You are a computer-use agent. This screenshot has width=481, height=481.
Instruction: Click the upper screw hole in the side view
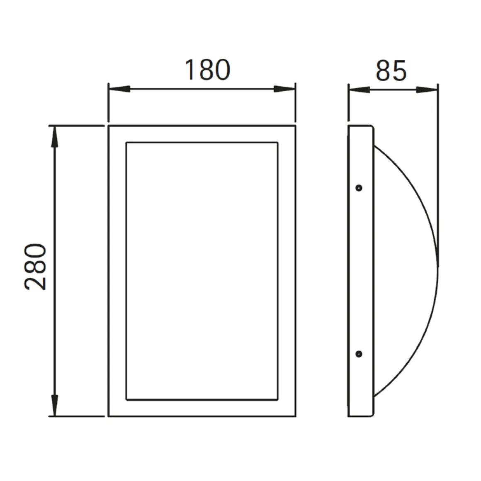click(359, 188)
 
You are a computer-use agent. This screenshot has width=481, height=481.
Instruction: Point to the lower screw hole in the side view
click(359, 354)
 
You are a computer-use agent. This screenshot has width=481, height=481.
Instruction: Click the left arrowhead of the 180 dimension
click(119, 89)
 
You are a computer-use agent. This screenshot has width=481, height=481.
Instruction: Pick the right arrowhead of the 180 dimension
click(285, 89)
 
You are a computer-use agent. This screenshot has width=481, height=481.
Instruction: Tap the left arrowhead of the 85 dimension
click(359, 89)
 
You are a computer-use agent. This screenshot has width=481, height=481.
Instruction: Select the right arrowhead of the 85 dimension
click(427, 89)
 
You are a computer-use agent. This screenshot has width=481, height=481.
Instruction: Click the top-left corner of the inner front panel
click(126, 143)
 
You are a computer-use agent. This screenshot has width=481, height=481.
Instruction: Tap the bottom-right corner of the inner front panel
click(277, 400)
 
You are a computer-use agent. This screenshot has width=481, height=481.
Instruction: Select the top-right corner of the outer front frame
click(295, 125)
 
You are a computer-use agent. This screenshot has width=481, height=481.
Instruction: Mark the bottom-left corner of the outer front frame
click(109, 416)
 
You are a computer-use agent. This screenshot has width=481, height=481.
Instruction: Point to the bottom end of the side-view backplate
click(361, 416)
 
